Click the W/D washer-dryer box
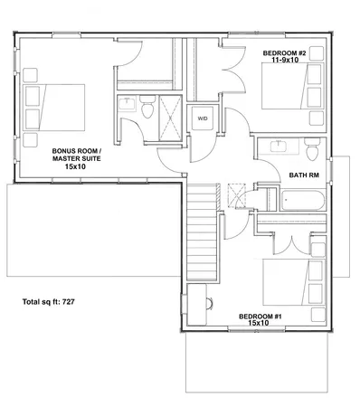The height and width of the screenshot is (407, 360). pos(201,117)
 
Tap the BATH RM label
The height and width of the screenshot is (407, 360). pos(301,175)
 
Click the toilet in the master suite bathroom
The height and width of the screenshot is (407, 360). pos(145,110)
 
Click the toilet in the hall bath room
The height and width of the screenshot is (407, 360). pos(310,146)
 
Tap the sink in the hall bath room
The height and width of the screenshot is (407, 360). pos(276,147)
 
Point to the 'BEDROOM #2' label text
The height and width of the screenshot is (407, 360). pos(285,54)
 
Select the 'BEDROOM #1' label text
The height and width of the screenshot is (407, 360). pos(260,316)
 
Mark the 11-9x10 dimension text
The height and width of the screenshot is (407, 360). pos(285,62)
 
